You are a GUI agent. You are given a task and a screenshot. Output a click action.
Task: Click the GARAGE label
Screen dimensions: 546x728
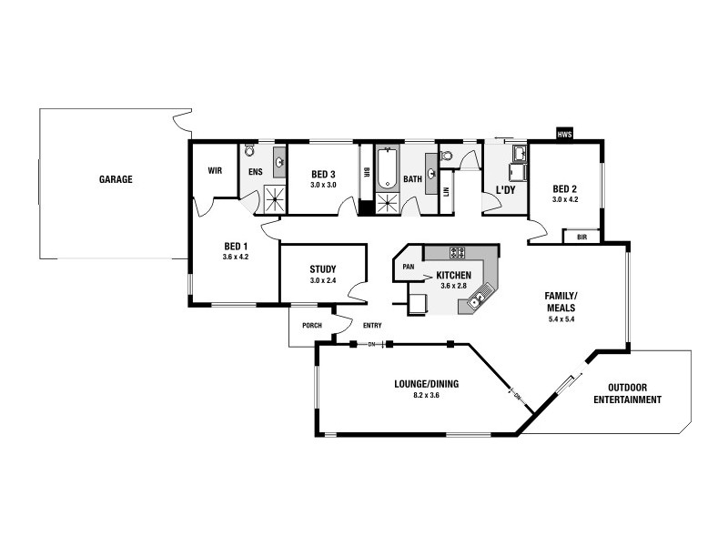click(x=116, y=179)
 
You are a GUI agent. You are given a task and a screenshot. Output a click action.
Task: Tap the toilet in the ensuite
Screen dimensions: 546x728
click(x=250, y=151)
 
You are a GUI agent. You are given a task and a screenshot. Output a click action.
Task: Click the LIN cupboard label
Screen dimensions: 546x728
click(x=446, y=192)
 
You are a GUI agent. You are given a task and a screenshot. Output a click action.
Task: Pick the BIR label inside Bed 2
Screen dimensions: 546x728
click(x=581, y=237)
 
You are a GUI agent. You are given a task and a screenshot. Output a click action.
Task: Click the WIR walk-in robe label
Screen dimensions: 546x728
click(x=215, y=170)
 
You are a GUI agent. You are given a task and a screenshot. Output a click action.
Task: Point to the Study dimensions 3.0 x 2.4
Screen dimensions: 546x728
click(x=323, y=281)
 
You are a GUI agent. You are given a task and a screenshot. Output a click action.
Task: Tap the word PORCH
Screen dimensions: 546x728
click(x=300, y=325)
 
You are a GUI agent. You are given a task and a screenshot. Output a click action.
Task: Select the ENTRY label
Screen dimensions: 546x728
click(x=372, y=325)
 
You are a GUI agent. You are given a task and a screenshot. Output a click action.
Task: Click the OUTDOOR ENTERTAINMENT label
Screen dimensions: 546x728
click(x=627, y=393)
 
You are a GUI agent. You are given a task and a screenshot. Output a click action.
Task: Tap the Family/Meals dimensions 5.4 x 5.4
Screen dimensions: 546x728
click(x=561, y=319)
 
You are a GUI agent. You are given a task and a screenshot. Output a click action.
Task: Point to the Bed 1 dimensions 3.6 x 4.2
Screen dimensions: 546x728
click(x=235, y=258)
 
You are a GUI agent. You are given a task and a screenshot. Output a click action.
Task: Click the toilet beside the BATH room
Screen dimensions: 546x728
click(x=447, y=157)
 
